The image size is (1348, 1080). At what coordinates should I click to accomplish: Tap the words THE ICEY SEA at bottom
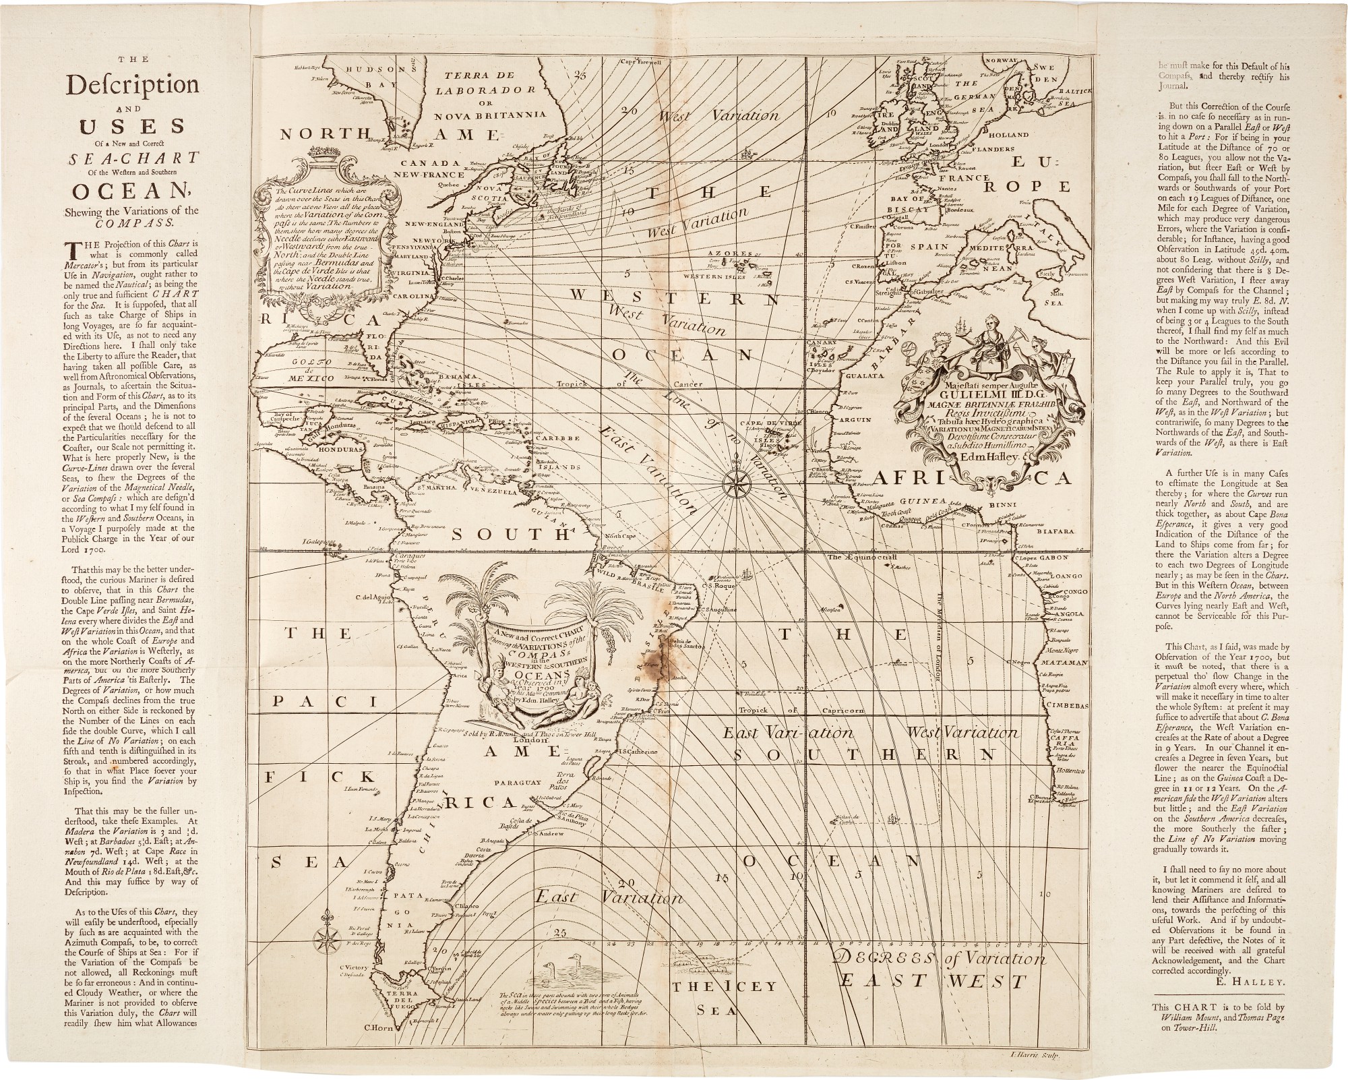point(725,996)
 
